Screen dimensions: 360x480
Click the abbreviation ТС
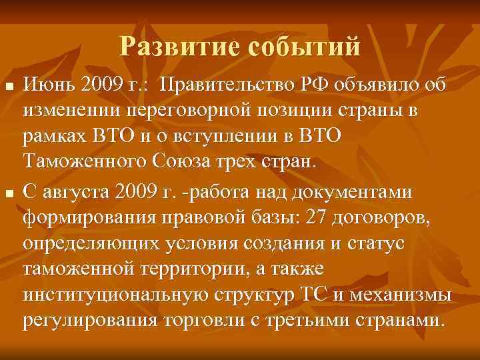coord(307,294)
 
